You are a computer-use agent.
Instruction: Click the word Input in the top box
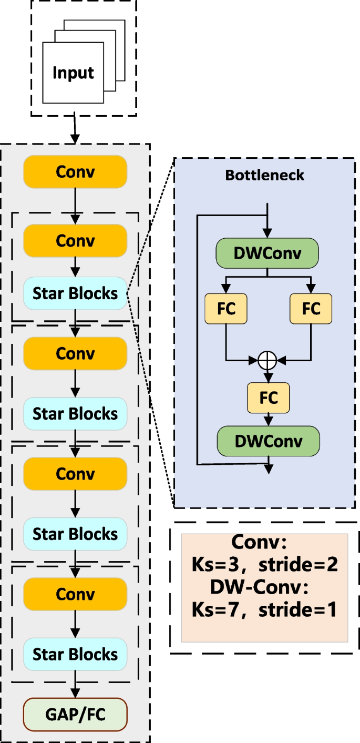73,73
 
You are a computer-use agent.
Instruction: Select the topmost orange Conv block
75,172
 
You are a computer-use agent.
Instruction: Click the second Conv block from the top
75,240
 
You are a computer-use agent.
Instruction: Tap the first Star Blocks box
75,293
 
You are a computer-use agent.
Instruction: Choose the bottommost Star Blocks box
75,654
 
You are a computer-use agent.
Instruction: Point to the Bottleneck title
264,175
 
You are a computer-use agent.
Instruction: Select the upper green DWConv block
268,253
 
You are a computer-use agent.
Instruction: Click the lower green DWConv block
269,441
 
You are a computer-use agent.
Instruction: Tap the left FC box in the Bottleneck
226,308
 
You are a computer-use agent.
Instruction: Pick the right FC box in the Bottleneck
311,308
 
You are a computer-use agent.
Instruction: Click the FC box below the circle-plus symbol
269,397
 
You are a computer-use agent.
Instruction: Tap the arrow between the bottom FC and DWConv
269,419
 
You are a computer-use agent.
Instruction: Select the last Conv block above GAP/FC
75,594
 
